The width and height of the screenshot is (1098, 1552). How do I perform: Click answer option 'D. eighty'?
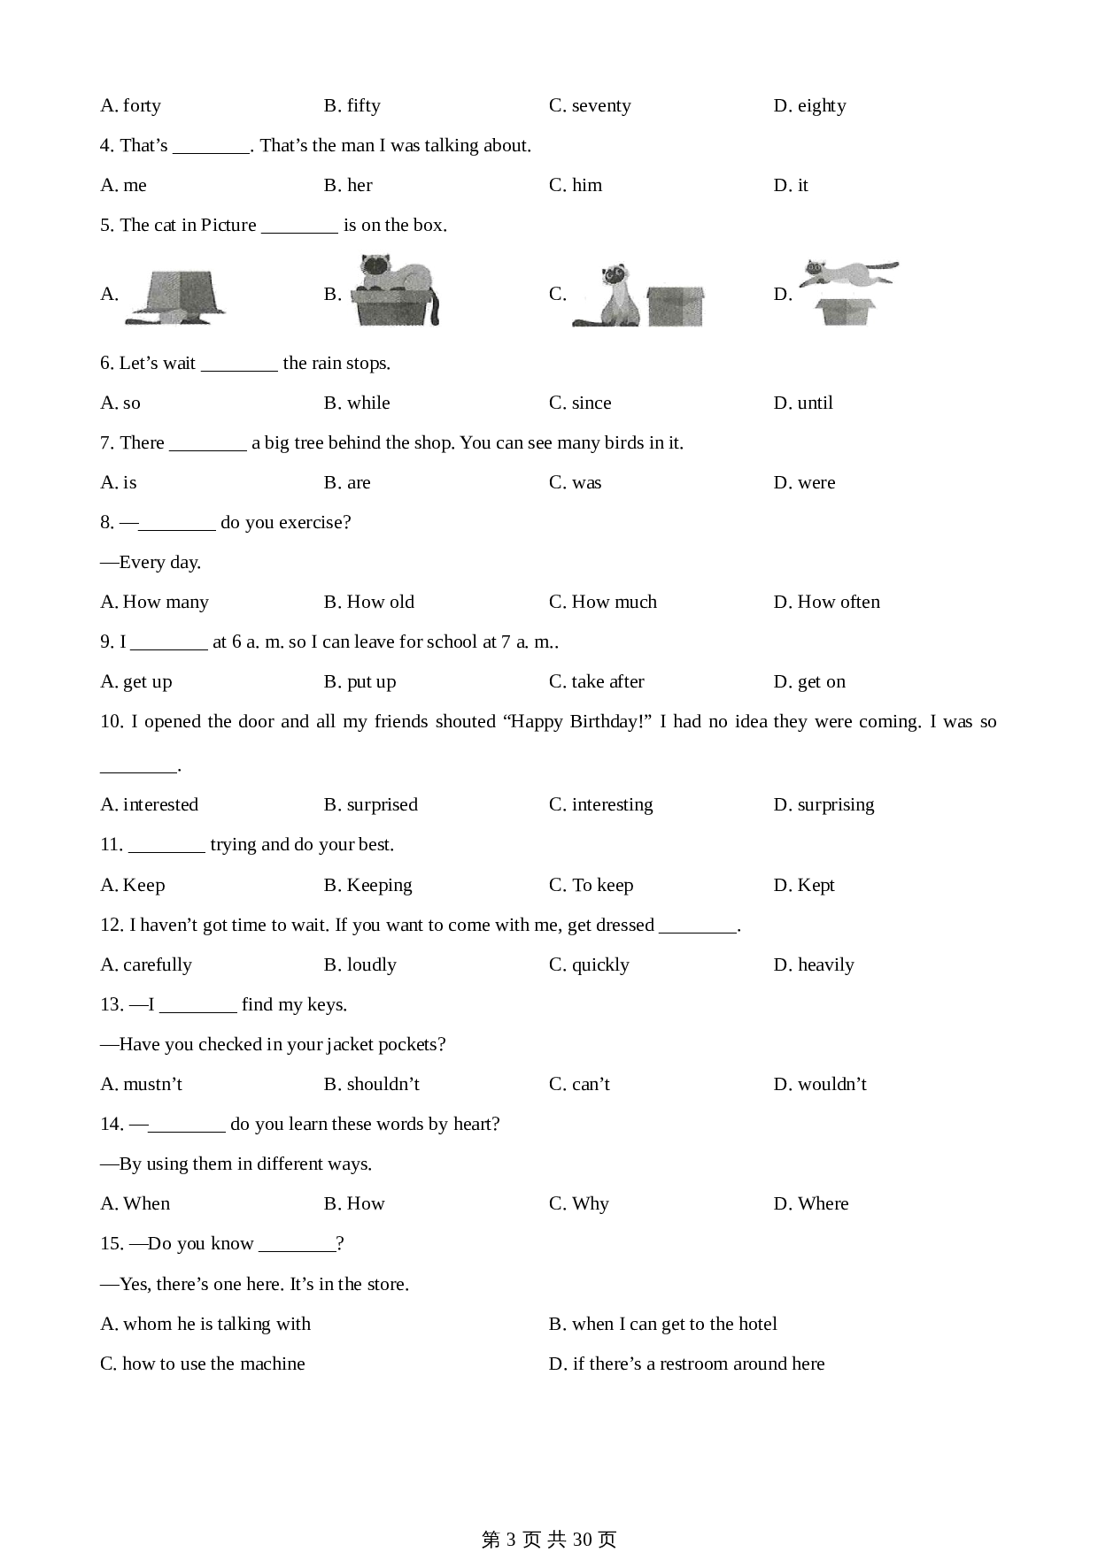(x=809, y=106)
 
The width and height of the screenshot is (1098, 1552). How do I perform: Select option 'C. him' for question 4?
(x=576, y=186)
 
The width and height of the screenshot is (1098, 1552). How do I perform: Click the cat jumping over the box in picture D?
(x=848, y=273)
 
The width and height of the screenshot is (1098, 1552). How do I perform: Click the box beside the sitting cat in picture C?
(x=676, y=306)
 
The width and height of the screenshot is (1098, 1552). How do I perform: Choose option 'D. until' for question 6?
(x=803, y=403)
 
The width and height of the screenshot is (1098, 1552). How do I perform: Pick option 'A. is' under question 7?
(x=119, y=483)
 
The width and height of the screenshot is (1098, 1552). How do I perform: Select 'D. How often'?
(x=826, y=603)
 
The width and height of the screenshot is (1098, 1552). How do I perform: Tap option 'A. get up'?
(x=136, y=682)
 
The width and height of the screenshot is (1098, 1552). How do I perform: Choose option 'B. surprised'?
(x=370, y=805)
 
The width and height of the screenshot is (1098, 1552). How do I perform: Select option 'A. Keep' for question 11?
(x=133, y=886)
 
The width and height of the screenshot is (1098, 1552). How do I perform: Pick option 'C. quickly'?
(x=589, y=965)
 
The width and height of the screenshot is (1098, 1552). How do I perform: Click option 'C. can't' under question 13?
(x=579, y=1085)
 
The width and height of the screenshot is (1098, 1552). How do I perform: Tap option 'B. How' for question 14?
(x=354, y=1204)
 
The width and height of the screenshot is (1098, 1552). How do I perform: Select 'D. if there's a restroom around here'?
(x=686, y=1364)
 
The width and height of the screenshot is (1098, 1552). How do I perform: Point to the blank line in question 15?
(x=297, y=1245)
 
